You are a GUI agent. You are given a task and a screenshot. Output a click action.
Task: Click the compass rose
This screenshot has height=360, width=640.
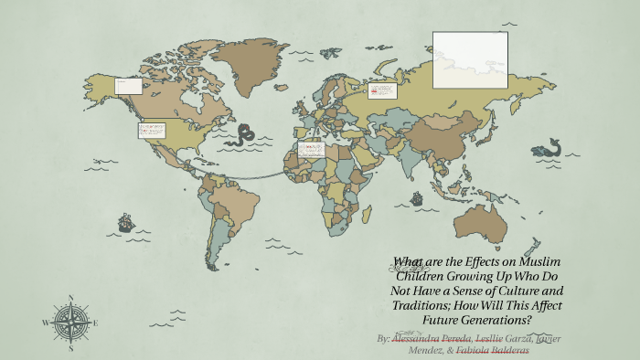(70, 322)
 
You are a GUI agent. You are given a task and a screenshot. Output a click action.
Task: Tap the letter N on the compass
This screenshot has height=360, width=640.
(70, 297)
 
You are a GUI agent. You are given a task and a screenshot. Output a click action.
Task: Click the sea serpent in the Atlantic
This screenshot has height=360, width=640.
(243, 137)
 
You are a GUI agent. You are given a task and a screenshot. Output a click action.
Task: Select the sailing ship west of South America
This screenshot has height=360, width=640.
(125, 222)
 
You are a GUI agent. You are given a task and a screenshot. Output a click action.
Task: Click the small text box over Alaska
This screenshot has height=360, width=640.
(128, 86)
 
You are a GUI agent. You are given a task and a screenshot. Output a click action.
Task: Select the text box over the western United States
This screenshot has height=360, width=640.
(152, 131)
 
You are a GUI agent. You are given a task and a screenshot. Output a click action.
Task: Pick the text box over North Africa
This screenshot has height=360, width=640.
(311, 148)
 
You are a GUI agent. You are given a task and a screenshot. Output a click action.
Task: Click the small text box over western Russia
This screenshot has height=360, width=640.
(382, 90)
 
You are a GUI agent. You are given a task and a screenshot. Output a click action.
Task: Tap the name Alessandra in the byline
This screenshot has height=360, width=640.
(419, 338)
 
